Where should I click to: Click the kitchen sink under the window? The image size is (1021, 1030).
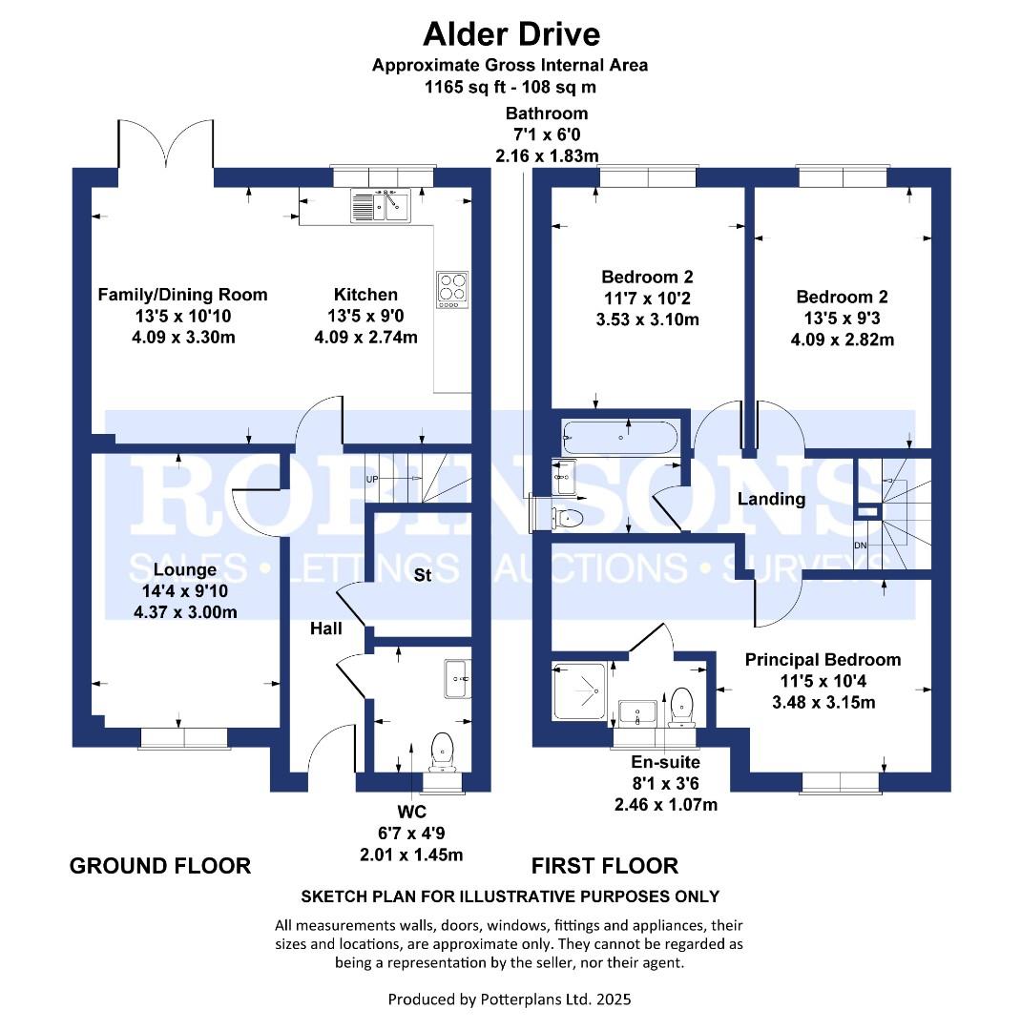click(x=380, y=206)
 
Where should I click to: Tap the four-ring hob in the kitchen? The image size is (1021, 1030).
click(x=452, y=290)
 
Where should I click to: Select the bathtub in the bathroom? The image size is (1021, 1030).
click(x=619, y=437)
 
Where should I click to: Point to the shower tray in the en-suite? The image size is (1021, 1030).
click(x=579, y=691)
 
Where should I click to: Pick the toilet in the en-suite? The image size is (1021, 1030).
click(x=681, y=707)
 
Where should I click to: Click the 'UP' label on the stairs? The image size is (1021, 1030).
click(x=372, y=480)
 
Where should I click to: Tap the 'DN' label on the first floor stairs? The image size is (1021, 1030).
click(x=861, y=546)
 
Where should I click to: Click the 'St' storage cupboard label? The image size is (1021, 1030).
click(x=423, y=575)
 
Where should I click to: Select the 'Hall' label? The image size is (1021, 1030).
click(x=326, y=628)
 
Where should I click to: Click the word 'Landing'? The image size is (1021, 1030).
click(x=771, y=499)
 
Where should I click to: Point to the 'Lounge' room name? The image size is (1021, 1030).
click(x=185, y=569)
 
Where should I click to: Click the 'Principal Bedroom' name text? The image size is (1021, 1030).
click(x=823, y=660)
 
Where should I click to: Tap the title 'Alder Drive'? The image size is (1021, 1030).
click(x=511, y=34)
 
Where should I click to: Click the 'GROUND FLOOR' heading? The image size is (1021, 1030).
click(x=160, y=866)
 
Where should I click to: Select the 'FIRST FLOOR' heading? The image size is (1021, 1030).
click(x=605, y=866)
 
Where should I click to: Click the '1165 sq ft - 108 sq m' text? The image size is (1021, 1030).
click(x=510, y=87)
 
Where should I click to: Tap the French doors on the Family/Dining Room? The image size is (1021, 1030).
click(x=166, y=145)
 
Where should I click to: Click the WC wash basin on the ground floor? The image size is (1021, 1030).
click(x=458, y=679)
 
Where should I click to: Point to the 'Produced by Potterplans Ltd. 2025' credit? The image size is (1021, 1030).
click(x=510, y=999)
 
